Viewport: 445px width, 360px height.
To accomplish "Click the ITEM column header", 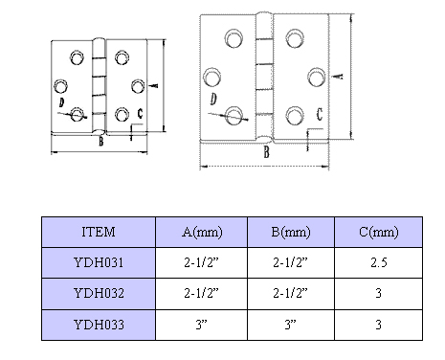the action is pos(99,232).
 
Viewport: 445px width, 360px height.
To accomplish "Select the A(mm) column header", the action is pos(202,232).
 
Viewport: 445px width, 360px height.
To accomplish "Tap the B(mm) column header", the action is pos(291,232).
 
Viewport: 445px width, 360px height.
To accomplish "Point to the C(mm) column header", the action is pos(379,232).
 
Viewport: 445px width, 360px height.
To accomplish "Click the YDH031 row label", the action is pos(99,262).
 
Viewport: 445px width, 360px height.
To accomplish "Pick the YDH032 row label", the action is pos(99,293).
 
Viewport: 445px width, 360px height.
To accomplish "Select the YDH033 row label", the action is pos(99,325).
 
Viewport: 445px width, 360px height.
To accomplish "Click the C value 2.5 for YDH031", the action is pos(379,262).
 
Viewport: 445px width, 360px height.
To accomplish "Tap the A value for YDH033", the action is pos(202,325).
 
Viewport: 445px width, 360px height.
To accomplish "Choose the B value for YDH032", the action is pos(290,293).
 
